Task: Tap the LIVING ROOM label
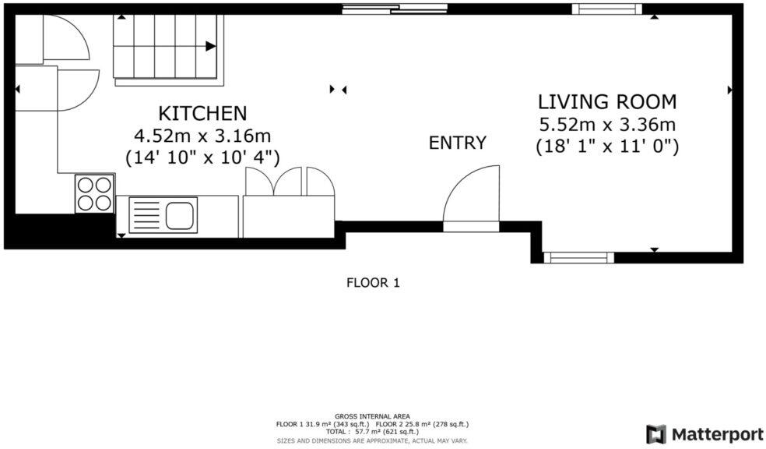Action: click(x=607, y=101)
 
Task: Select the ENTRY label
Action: click(x=458, y=143)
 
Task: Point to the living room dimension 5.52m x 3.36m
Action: click(x=607, y=124)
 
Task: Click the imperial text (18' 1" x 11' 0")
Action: click(x=607, y=146)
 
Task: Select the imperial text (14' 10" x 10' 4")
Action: click(x=202, y=157)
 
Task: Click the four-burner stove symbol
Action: click(x=94, y=193)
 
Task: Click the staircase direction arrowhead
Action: click(x=210, y=46)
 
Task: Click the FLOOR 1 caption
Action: click(x=373, y=283)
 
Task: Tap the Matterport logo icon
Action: click(x=655, y=433)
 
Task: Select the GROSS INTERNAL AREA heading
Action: click(x=372, y=416)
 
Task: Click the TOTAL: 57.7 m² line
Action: click(x=372, y=432)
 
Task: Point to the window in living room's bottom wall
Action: click(x=578, y=256)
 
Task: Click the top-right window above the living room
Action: click(x=606, y=9)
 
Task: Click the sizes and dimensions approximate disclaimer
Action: click(x=372, y=440)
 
